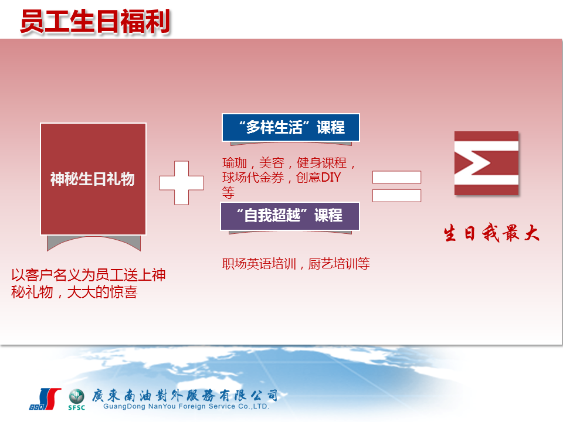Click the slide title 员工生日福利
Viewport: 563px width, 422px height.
pyautogui.click(x=95, y=22)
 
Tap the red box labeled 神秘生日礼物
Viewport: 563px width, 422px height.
pyautogui.click(x=93, y=179)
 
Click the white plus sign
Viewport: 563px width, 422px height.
pyautogui.click(x=181, y=183)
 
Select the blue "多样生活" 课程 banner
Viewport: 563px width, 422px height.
pyautogui.click(x=291, y=127)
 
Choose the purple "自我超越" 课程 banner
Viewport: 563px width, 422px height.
pyautogui.click(x=290, y=216)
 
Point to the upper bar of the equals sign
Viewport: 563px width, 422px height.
pyautogui.click(x=396, y=177)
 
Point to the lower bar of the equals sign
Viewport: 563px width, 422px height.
pyautogui.click(x=396, y=196)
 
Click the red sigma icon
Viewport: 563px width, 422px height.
pyautogui.click(x=486, y=164)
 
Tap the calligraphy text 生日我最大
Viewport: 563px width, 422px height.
pyautogui.click(x=491, y=233)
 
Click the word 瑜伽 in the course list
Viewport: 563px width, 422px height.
pyautogui.click(x=235, y=163)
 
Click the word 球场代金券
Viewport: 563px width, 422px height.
pyautogui.click(x=253, y=178)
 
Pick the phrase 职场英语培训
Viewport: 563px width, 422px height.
pyautogui.click(x=259, y=264)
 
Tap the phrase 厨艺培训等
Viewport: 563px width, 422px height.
pyautogui.click(x=339, y=264)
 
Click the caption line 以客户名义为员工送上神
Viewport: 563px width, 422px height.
pyautogui.click(x=89, y=275)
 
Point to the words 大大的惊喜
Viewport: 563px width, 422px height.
pyautogui.click(x=102, y=292)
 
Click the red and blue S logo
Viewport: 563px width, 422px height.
pyautogui.click(x=45, y=399)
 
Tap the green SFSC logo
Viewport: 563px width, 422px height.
pyautogui.click(x=76, y=399)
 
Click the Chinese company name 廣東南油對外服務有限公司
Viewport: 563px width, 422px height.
pyautogui.click(x=185, y=396)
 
